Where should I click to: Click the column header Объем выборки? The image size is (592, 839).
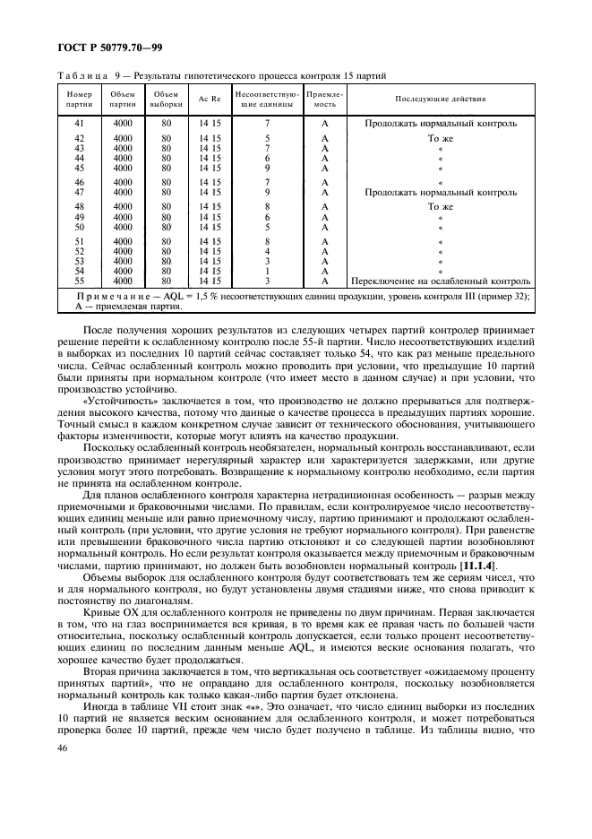(x=166, y=98)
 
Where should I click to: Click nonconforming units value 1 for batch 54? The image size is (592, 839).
(x=267, y=271)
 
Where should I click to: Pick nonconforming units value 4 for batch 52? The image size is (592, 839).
(x=267, y=251)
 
